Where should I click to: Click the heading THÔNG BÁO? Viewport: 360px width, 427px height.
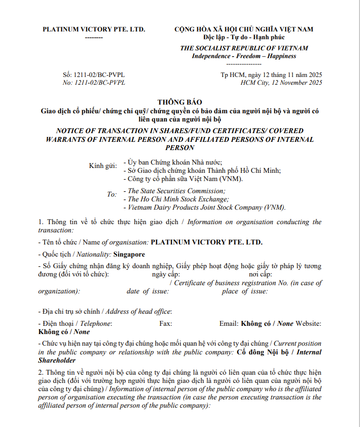click(x=180, y=102)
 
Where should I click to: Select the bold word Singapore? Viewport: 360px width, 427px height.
click(x=129, y=254)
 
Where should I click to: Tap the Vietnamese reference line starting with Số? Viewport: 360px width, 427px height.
click(x=94, y=75)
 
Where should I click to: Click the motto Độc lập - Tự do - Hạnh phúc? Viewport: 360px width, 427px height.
click(x=244, y=37)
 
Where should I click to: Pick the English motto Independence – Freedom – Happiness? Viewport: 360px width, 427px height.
click(x=244, y=56)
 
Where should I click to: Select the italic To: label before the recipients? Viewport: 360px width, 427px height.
click(x=112, y=195)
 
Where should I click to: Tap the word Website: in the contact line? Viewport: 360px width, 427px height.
click(x=308, y=323)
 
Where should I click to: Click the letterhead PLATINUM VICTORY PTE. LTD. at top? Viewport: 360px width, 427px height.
click(x=94, y=29)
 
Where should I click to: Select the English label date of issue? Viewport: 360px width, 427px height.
click(x=148, y=291)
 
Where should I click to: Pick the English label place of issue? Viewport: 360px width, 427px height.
click(x=245, y=291)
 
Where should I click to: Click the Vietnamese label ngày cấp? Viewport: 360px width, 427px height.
click(x=159, y=274)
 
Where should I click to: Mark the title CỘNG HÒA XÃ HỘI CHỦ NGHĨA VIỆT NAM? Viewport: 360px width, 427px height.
click(x=244, y=29)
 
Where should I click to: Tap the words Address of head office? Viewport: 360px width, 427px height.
click(x=138, y=311)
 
